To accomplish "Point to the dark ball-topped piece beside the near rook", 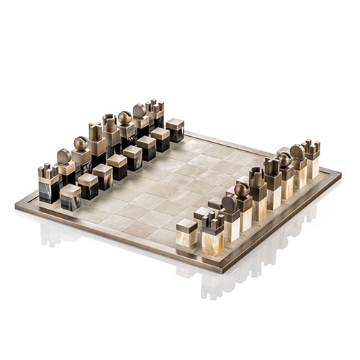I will [80, 153].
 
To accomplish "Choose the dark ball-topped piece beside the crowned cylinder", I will [125, 127].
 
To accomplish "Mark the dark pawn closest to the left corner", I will [71, 197].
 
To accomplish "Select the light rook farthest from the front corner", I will [311, 158].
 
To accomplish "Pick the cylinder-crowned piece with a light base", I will [257, 189].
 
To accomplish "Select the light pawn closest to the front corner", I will [187, 233].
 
